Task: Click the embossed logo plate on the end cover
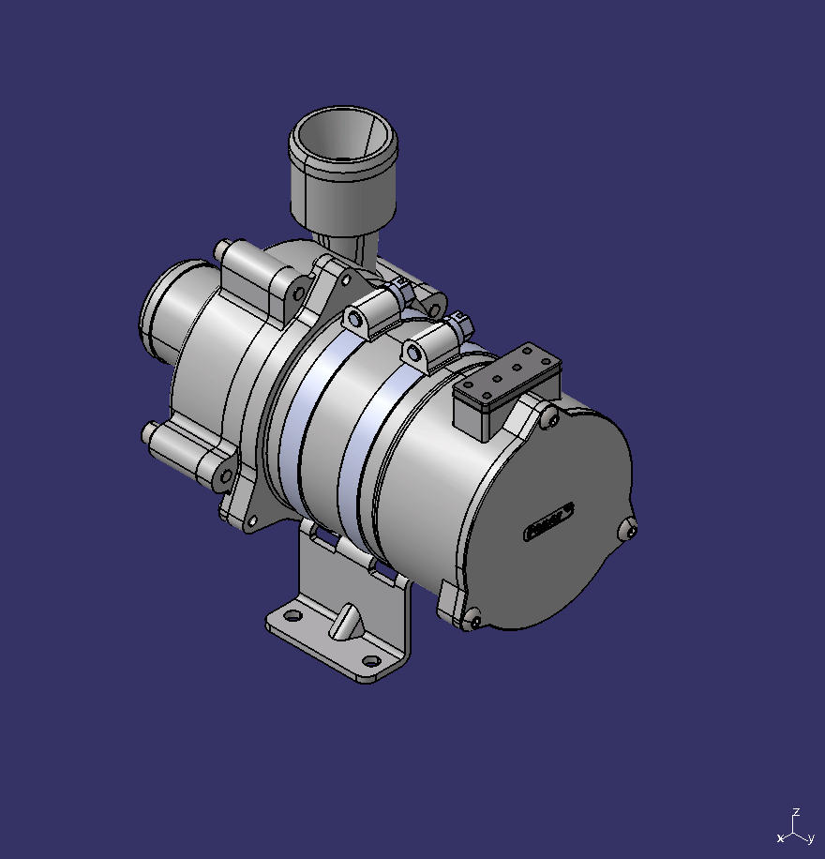tap(549, 520)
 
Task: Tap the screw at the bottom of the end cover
tap(473, 619)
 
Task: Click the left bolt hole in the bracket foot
tap(292, 616)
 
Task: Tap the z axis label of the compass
tap(795, 812)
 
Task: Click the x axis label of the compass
tap(780, 837)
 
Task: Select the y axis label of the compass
tap(810, 838)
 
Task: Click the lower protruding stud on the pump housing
tap(150, 433)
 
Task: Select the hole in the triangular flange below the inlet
tap(346, 279)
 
